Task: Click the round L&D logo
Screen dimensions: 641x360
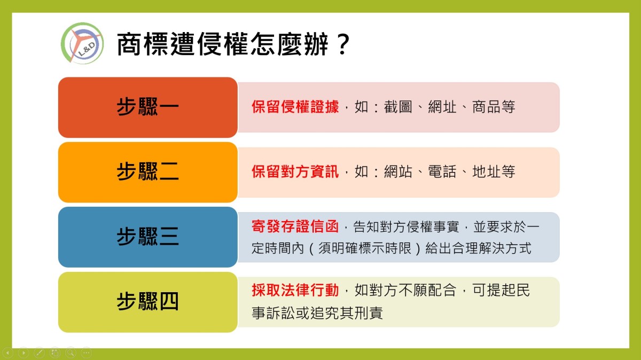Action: click(x=82, y=43)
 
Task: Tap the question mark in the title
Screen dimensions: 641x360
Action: click(x=343, y=44)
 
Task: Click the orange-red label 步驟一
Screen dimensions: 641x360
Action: click(x=147, y=107)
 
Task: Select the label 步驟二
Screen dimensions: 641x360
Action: click(x=147, y=171)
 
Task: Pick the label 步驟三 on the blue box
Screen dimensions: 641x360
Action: click(x=147, y=237)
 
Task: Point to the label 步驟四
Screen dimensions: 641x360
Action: click(x=147, y=301)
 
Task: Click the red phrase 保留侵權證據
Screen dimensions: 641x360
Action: click(x=295, y=107)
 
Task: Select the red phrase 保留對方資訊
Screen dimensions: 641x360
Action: click(x=295, y=171)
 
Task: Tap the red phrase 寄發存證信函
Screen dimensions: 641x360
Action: click(x=295, y=226)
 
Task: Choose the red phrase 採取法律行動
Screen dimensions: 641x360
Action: click(x=295, y=290)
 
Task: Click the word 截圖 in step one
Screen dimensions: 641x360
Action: click(x=398, y=107)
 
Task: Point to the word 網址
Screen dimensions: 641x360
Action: click(x=442, y=107)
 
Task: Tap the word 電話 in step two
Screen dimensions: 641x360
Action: click(x=442, y=171)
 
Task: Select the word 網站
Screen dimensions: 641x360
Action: click(x=398, y=171)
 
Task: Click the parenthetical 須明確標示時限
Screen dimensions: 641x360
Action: click(x=365, y=248)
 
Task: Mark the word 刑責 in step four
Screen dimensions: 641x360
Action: click(x=369, y=313)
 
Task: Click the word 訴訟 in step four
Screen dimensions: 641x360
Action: click(x=281, y=313)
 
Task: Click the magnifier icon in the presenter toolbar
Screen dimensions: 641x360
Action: click(x=71, y=353)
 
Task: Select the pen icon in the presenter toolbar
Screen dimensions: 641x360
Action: click(x=39, y=353)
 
